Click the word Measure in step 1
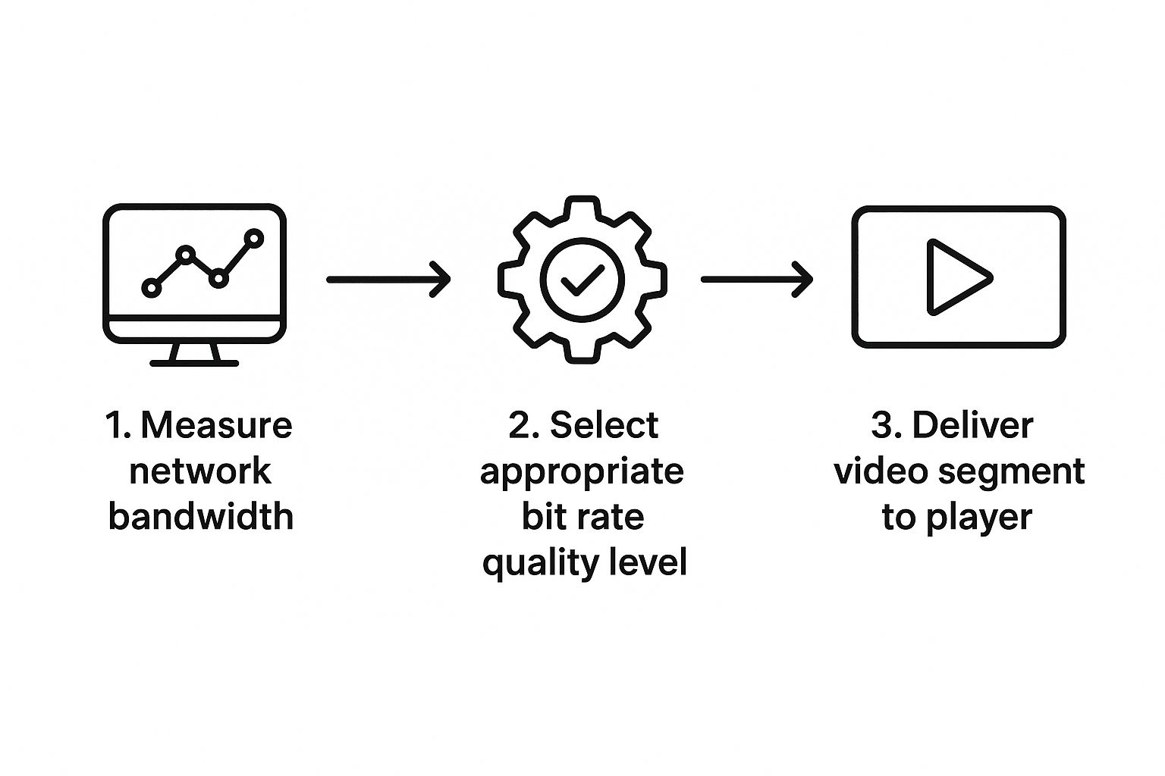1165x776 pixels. pos(216,425)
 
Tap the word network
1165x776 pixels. pos(199,471)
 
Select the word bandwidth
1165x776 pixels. pos(200,516)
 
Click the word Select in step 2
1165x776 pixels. pos(604,425)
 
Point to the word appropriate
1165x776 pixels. pos(582,472)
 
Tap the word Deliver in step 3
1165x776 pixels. pos(972,425)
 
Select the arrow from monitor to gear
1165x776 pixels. pos(388,279)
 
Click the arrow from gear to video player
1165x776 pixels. pos(756,279)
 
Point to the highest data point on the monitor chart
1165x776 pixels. pos(254,238)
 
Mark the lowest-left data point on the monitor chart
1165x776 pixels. pos(152,288)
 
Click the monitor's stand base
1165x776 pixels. pos(194,364)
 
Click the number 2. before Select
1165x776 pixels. pos(524,425)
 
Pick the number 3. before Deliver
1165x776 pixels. pos(887,425)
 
